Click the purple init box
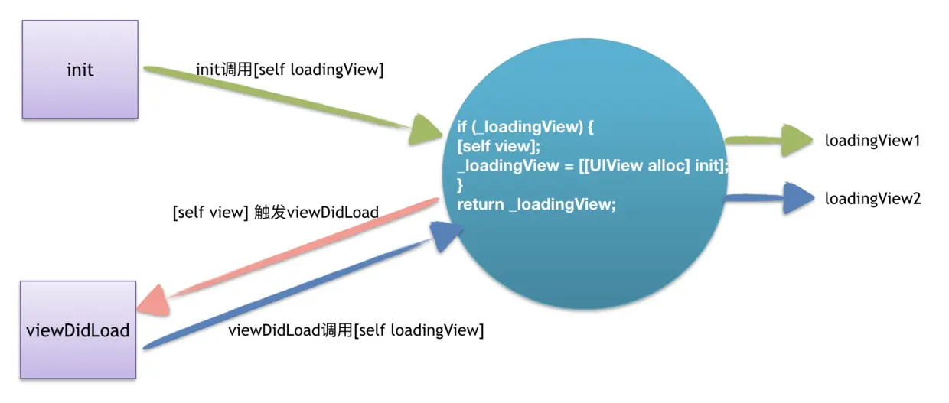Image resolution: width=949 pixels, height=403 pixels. [80, 70]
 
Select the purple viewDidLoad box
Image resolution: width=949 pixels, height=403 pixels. [78, 330]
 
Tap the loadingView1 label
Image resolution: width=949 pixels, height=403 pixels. [872, 141]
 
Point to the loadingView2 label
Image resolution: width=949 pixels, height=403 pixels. [872, 199]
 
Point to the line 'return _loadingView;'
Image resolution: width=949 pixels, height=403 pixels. [536, 204]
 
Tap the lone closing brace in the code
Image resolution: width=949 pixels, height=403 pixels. [461, 185]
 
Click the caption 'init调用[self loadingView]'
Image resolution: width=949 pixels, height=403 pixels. [289, 70]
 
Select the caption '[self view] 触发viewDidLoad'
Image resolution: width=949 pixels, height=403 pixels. [276, 212]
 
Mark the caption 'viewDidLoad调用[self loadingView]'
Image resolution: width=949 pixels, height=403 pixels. [356, 330]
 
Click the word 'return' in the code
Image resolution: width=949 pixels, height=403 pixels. [480, 204]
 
